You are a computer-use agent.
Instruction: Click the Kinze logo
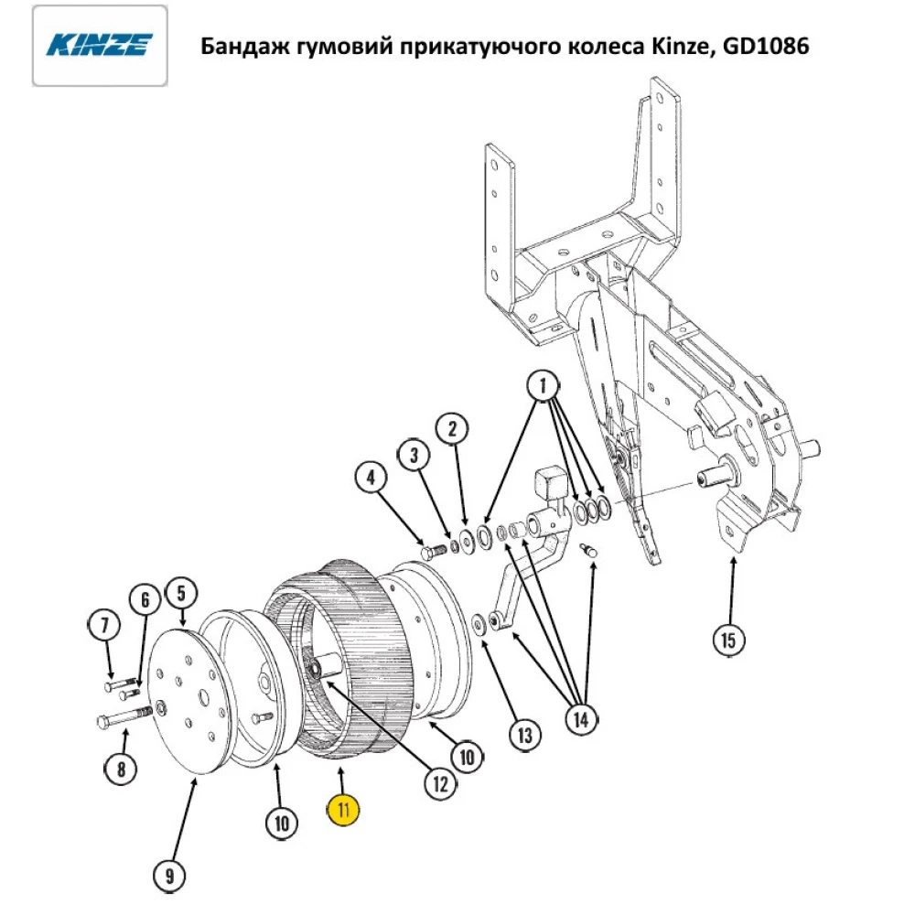100,46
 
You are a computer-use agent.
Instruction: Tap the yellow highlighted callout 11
345,809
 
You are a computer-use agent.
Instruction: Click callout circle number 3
414,454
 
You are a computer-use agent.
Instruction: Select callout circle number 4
371,478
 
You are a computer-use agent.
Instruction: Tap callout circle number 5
180,591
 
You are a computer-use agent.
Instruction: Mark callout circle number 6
144,600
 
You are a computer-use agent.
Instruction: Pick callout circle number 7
103,627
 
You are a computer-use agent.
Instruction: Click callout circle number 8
120,769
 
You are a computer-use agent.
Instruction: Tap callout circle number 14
580,719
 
